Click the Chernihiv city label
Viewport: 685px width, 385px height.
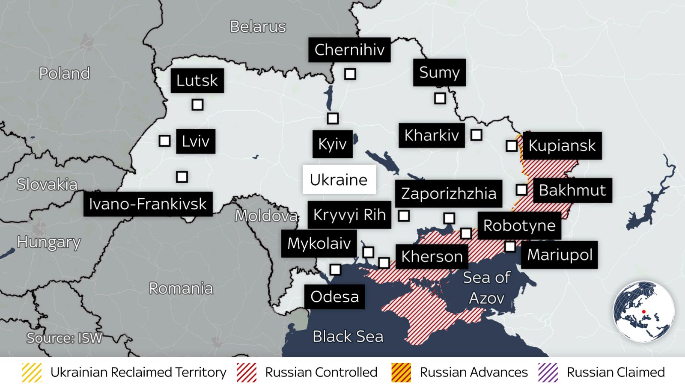[349, 50]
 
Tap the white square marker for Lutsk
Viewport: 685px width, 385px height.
[197, 104]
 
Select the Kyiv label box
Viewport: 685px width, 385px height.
[332, 144]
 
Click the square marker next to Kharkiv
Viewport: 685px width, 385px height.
[476, 135]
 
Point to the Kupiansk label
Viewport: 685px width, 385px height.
[562, 145]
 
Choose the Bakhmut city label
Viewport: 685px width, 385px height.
[572, 190]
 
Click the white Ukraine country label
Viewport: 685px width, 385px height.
[339, 180]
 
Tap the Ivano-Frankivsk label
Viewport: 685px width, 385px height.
[148, 204]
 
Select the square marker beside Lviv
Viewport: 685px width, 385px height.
[164, 141]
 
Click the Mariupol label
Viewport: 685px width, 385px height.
[559, 255]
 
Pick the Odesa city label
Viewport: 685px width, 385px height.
[334, 296]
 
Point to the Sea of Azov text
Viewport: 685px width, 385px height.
[487, 287]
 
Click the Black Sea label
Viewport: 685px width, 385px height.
[348, 337]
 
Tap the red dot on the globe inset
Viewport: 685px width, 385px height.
[643, 312]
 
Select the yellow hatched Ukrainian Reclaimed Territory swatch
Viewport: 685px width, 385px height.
[32, 372]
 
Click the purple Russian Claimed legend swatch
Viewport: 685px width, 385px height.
[548, 372]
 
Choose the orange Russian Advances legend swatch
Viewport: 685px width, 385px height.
[401, 372]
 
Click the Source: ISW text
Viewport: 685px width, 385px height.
[64, 338]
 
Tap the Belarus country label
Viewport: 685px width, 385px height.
[258, 27]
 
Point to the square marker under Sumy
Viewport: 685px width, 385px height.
[440, 98]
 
